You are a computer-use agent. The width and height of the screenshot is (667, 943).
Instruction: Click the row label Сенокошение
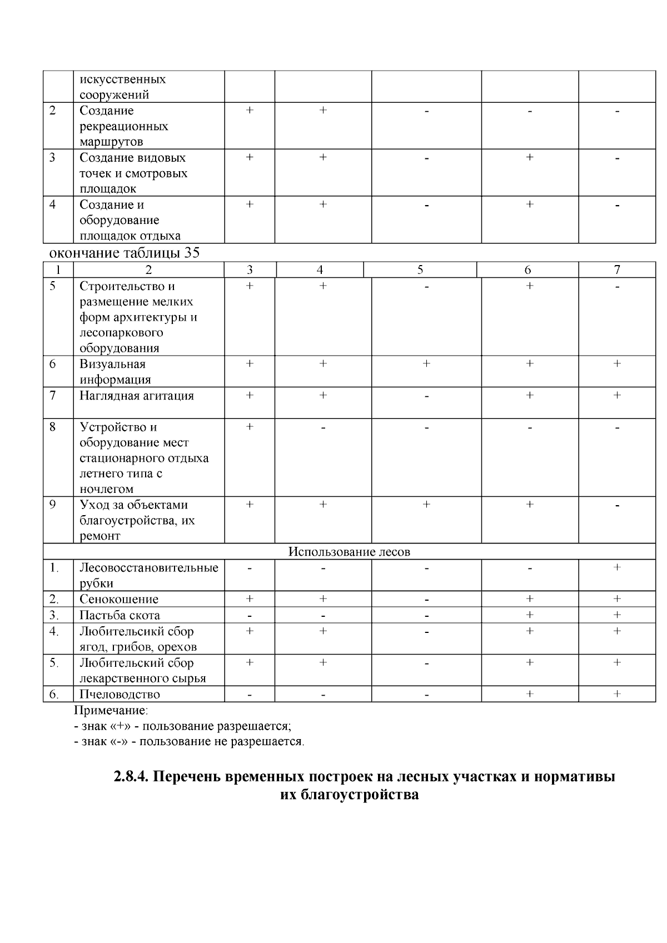(x=119, y=599)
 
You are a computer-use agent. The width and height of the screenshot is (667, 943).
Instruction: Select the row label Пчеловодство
(x=120, y=694)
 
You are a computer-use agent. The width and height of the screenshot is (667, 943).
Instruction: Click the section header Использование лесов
(x=349, y=552)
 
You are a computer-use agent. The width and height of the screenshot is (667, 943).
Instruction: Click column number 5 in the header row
(x=420, y=270)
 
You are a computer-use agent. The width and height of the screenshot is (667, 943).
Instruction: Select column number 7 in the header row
(x=617, y=270)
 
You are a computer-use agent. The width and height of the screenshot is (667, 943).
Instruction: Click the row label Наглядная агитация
(x=137, y=396)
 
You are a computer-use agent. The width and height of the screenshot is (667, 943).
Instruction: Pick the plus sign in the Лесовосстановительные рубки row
(x=617, y=568)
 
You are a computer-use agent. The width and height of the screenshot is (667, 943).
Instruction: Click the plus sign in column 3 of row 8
(x=250, y=427)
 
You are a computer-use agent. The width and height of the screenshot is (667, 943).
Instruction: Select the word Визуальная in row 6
(x=112, y=364)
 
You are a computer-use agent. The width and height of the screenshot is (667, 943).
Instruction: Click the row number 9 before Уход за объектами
(x=53, y=505)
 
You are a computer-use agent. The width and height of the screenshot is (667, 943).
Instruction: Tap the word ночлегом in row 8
(x=107, y=489)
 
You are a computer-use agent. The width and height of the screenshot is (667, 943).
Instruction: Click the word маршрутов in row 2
(x=111, y=142)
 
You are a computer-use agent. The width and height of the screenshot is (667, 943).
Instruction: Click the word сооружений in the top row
(x=114, y=94)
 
